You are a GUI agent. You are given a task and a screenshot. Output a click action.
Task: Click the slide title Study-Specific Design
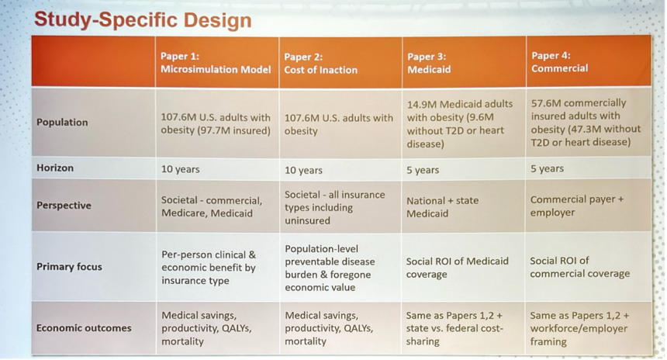click(143, 20)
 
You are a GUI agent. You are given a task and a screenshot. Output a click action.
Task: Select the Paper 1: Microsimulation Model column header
click(216, 63)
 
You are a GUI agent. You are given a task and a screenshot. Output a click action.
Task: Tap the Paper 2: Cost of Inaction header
click(321, 64)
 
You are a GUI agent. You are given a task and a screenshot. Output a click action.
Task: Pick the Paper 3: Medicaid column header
click(429, 63)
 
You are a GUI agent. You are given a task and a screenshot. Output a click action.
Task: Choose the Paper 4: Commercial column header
click(560, 62)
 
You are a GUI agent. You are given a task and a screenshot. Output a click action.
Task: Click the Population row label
click(62, 122)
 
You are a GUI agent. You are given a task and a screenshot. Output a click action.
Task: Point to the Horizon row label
click(55, 168)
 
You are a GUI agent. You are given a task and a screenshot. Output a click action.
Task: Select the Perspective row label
click(64, 205)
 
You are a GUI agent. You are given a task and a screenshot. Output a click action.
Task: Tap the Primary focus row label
click(69, 267)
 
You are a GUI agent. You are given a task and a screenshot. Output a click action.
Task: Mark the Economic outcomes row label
click(84, 328)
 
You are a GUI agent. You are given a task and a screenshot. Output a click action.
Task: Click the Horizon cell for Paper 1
click(181, 169)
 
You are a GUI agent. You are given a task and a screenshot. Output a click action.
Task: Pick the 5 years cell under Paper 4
click(547, 168)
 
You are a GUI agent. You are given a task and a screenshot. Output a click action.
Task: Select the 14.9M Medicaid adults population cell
click(460, 124)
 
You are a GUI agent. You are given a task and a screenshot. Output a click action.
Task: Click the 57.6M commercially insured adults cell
click(586, 122)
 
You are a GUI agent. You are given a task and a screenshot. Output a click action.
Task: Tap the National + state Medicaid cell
click(442, 207)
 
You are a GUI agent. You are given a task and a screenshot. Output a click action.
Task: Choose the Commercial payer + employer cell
click(577, 206)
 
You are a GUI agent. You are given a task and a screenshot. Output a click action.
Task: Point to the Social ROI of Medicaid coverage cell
click(458, 268)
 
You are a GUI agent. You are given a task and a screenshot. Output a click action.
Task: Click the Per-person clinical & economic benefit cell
click(209, 268)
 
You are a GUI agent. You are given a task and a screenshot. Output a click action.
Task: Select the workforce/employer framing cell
click(579, 328)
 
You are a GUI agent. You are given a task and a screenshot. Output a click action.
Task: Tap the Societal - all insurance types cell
click(335, 208)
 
